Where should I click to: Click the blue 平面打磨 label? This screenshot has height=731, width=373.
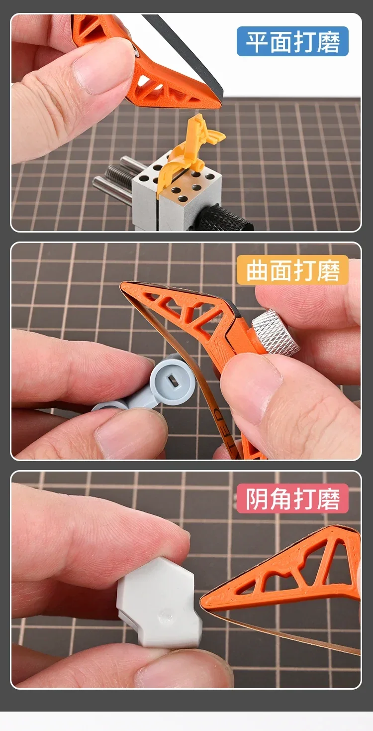click(292, 41)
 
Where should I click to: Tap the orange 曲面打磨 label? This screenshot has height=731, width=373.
click(292, 270)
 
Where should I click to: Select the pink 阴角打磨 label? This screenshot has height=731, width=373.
click(292, 499)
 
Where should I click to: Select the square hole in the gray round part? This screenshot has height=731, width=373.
click(174, 381)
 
